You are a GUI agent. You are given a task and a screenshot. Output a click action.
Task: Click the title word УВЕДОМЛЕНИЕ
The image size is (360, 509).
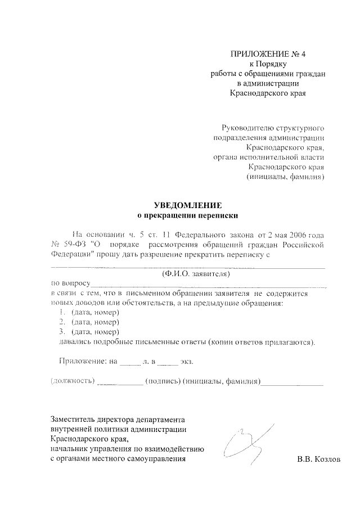point(188,205)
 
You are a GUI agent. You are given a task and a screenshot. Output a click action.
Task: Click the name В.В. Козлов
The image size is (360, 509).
point(319,459)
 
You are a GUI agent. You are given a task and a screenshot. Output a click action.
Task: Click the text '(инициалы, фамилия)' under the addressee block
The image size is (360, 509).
point(285,177)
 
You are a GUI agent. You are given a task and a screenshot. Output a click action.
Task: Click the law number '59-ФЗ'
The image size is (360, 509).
point(76,245)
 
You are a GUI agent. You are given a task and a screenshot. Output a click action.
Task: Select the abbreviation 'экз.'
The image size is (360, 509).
point(187,362)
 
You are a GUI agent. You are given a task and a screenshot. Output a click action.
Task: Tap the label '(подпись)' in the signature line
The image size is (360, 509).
point(163,381)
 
